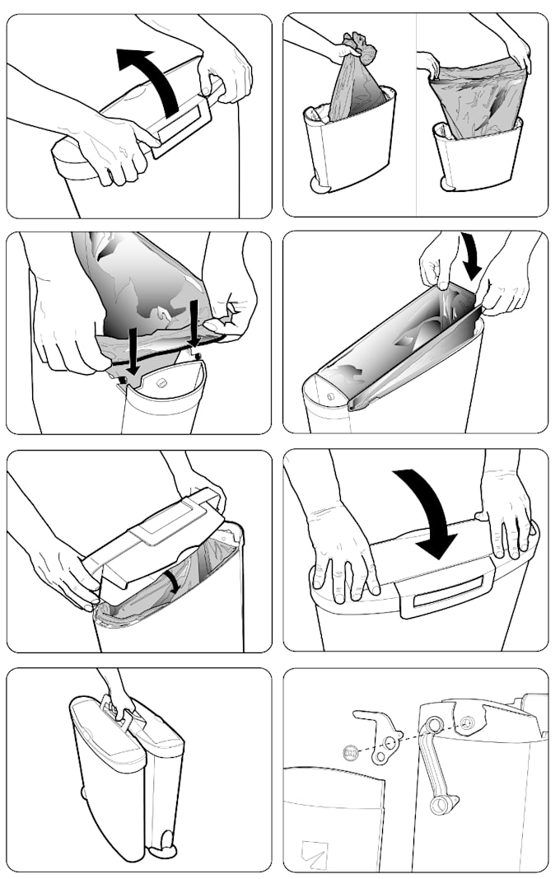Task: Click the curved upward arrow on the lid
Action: (x=156, y=78)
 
